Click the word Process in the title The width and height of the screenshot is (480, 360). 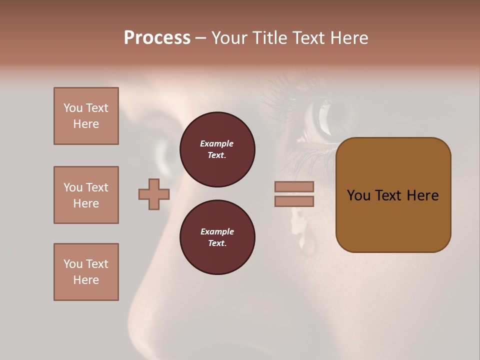[157, 37]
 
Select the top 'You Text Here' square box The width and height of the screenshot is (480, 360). [86, 116]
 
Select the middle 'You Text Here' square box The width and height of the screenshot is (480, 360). [86, 195]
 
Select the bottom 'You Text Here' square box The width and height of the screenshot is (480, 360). [86, 272]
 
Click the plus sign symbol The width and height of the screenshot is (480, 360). [154, 194]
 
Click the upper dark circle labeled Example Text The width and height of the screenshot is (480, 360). [217, 149]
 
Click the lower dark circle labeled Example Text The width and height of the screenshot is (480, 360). [217, 237]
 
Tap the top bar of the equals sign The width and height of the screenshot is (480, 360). [294, 186]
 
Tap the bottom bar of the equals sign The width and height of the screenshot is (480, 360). [294, 201]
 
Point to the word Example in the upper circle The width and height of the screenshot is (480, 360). [216, 143]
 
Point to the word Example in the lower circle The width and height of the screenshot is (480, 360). [217, 231]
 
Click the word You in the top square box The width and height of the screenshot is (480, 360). [73, 108]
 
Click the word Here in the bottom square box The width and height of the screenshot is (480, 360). [86, 280]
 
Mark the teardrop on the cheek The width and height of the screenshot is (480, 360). [306, 242]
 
